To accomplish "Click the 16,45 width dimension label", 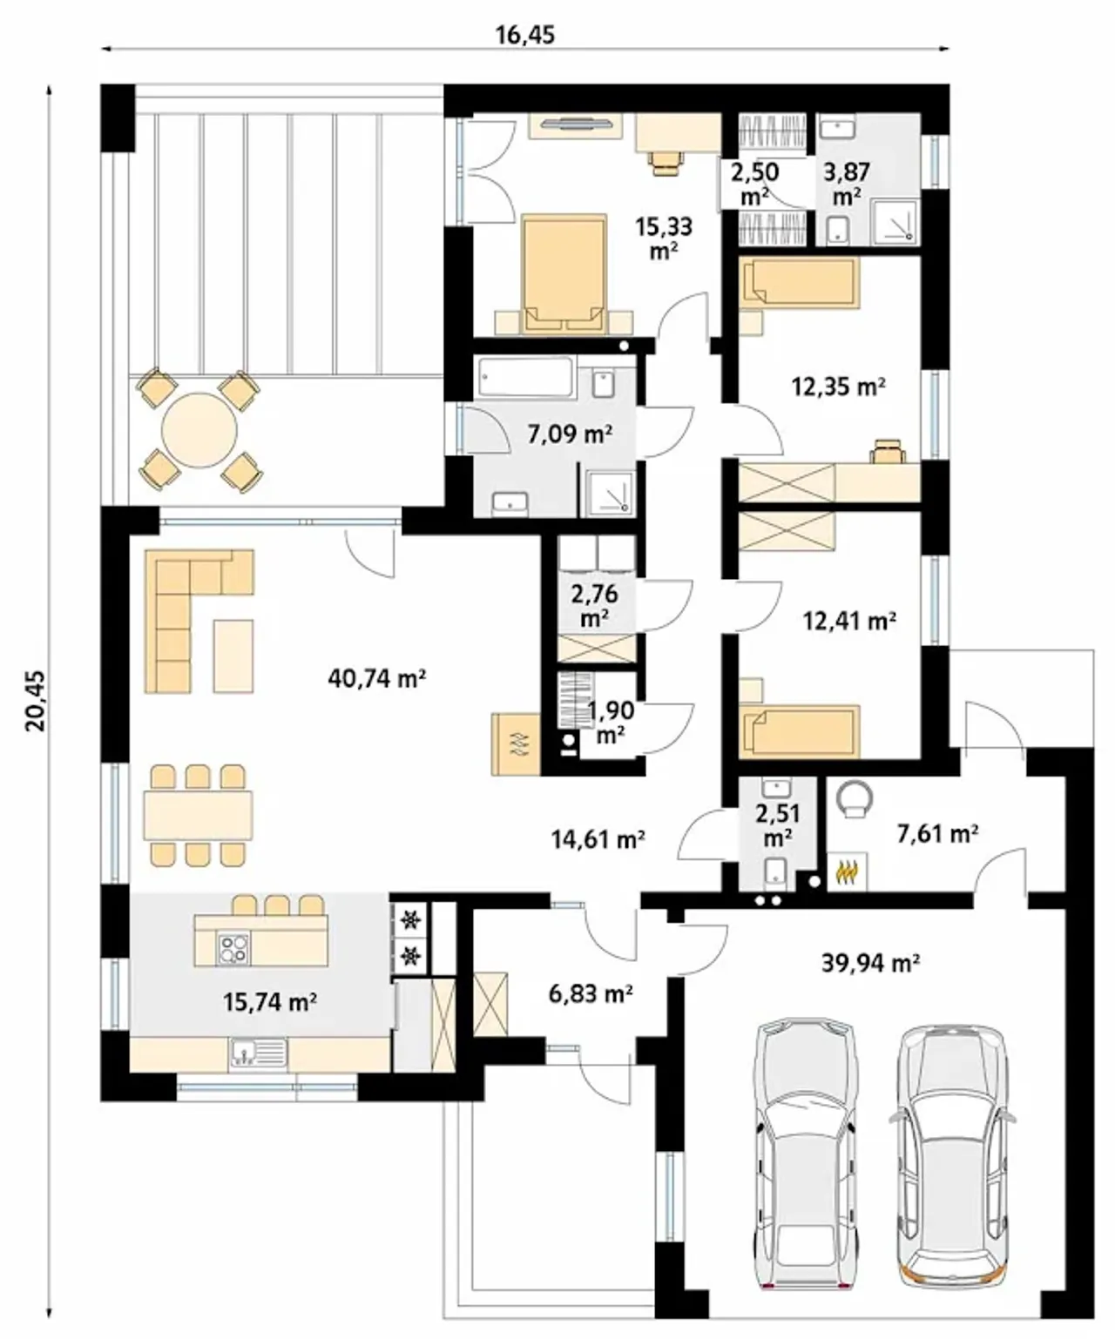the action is point(524,35).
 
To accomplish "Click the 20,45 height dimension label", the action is point(36,700).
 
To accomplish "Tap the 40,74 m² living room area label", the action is point(376,677).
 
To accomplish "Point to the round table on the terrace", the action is point(199,430).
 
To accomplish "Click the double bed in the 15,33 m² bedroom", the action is point(564,274).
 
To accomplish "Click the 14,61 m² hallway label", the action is point(598,838).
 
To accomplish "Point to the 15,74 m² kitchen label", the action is point(269,1001).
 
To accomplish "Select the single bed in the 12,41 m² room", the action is point(800,731).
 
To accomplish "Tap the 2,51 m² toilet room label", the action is point(778,824).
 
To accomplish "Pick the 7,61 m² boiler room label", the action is point(936,834).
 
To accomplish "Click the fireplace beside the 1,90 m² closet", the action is point(516,744).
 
